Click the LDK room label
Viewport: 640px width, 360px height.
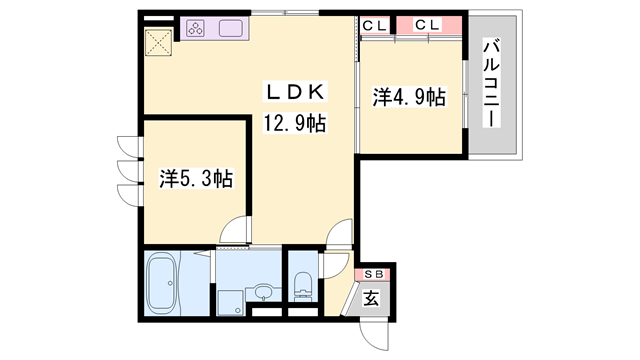pyautogui.click(x=296, y=92)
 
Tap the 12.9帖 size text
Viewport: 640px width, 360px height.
pyautogui.click(x=295, y=123)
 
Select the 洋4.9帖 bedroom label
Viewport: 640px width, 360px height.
pyautogui.click(x=409, y=97)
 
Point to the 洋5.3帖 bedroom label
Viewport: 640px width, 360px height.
pyautogui.click(x=196, y=178)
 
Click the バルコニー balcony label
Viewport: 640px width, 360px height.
pyautogui.click(x=491, y=82)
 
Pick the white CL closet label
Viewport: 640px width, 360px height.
pyautogui.click(x=374, y=26)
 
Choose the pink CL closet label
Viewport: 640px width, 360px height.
pyautogui.click(x=428, y=25)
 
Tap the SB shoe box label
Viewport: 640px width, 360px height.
pyautogui.click(x=374, y=275)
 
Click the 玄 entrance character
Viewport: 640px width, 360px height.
pyautogui.click(x=371, y=298)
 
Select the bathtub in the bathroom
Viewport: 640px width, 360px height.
pyautogui.click(x=161, y=283)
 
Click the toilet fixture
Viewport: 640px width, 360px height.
pyautogui.click(x=303, y=287)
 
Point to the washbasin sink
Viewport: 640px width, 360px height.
pyautogui.click(x=264, y=291)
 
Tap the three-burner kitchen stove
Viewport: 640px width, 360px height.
pyautogui.click(x=195, y=29)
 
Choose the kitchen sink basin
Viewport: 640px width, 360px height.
pyautogui.click(x=231, y=29)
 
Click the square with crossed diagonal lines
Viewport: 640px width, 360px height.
pyautogui.click(x=158, y=42)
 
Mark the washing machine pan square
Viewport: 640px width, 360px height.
pyautogui.click(x=231, y=302)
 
